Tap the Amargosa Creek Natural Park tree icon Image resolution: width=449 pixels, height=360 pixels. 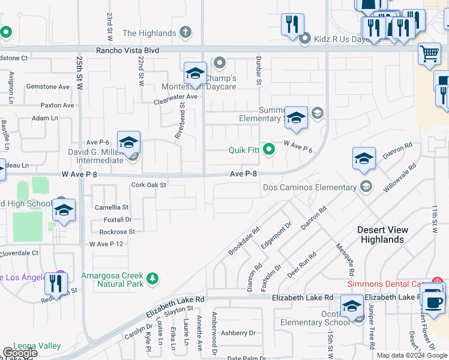153,278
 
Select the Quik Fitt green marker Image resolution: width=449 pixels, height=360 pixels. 270,148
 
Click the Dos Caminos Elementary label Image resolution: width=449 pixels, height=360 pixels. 310,187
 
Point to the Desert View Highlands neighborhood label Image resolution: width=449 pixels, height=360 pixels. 382,235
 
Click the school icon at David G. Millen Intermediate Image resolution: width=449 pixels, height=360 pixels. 128,143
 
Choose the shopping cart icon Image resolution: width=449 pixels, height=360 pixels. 429,54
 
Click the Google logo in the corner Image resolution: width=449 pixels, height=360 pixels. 19,353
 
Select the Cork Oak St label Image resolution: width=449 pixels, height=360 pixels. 148,185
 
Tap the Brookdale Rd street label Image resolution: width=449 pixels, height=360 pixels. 243,241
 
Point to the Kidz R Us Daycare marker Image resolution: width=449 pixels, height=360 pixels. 305,40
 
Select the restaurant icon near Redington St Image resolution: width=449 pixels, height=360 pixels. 56,283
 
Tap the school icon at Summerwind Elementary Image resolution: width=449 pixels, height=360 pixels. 295,118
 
